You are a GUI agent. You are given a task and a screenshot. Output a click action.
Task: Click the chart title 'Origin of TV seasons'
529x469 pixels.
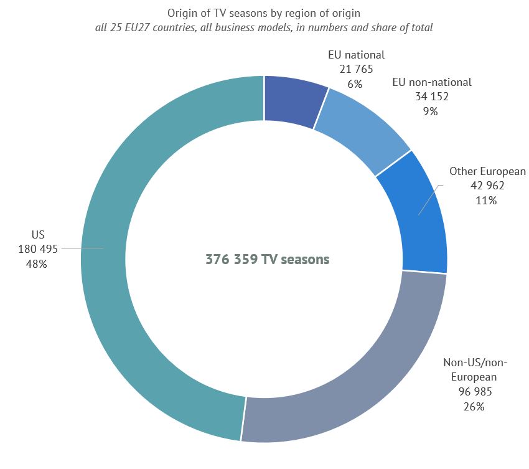click(264, 12)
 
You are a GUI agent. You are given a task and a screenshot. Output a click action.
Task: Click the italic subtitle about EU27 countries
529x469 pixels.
click(264, 27)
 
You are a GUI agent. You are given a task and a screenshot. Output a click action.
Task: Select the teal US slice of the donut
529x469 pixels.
click(106, 262)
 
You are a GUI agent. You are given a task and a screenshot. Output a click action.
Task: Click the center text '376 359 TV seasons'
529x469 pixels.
click(268, 260)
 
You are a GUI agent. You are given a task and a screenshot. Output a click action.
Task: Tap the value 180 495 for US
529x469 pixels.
click(38, 249)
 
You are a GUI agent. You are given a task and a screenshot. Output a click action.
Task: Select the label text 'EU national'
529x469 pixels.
click(357, 55)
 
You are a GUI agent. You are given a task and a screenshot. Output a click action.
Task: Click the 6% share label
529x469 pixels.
click(356, 84)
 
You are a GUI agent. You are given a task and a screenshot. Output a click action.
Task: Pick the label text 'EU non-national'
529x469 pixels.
click(431, 82)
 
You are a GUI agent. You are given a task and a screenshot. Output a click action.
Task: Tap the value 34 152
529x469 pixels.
click(431, 97)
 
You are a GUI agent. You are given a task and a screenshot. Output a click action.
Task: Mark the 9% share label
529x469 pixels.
click(431, 111)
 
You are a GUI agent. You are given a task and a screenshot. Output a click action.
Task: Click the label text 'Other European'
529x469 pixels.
click(487, 171)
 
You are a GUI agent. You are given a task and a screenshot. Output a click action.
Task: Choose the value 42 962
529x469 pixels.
click(487, 186)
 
